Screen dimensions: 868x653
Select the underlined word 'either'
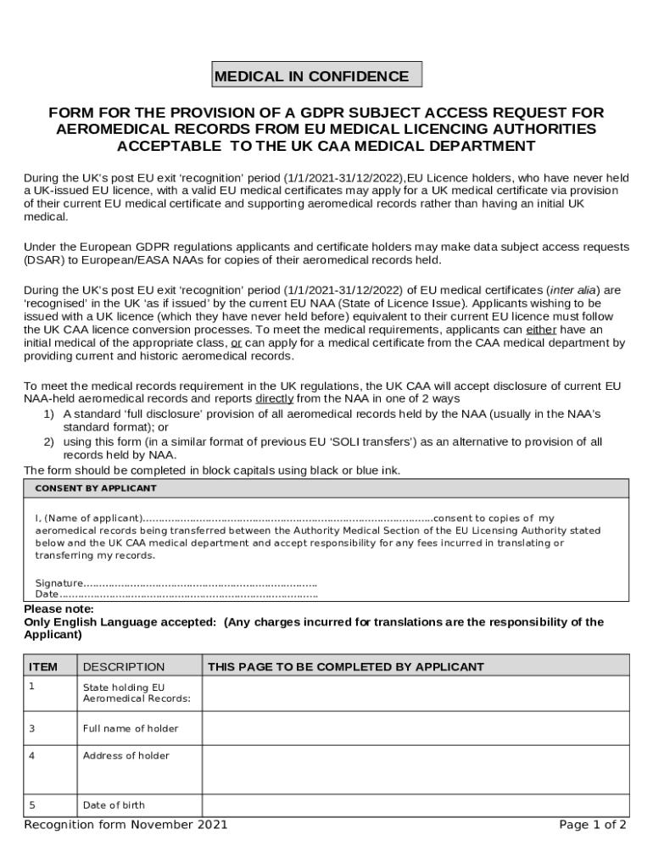click(x=541, y=329)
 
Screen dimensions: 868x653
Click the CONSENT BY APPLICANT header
click(x=96, y=488)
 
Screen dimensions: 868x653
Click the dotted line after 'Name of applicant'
click(x=287, y=518)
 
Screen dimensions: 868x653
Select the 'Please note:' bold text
click(x=59, y=609)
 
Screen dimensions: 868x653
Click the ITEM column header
click(x=43, y=667)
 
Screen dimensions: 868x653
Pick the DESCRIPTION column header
click(x=124, y=667)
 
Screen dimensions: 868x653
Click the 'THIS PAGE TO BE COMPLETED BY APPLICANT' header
click(x=346, y=667)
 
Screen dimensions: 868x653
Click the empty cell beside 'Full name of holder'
click(x=415, y=728)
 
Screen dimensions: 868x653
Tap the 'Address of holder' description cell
click(x=126, y=756)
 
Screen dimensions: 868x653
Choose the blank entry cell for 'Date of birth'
click(x=415, y=805)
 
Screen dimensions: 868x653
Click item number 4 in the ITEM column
click(x=32, y=756)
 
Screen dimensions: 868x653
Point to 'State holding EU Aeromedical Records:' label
click(x=136, y=693)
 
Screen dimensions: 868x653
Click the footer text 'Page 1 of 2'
click(x=593, y=825)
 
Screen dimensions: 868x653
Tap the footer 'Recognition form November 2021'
click(x=126, y=825)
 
